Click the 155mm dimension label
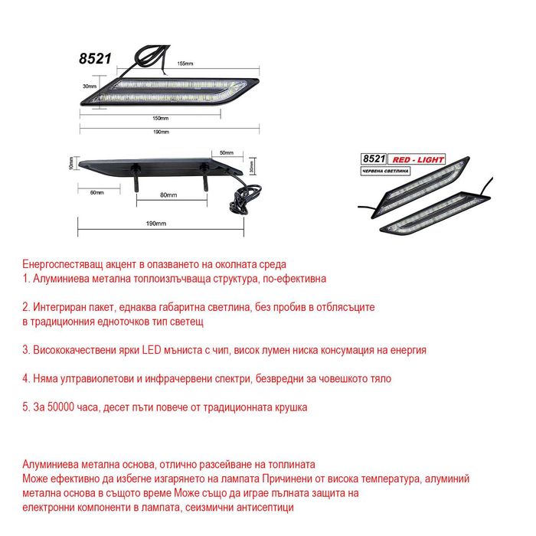pyautogui.click(x=185, y=63)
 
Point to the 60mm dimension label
pyautogui.click(x=96, y=192)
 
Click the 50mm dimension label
pyautogui.click(x=226, y=152)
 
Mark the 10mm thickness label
pyautogui.click(x=71, y=163)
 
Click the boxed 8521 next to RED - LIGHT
pyautogui.click(x=374, y=158)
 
